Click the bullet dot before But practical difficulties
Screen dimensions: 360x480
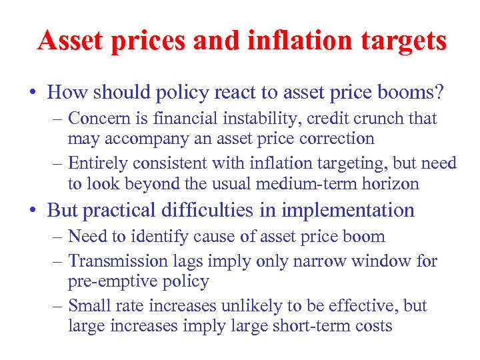36,211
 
